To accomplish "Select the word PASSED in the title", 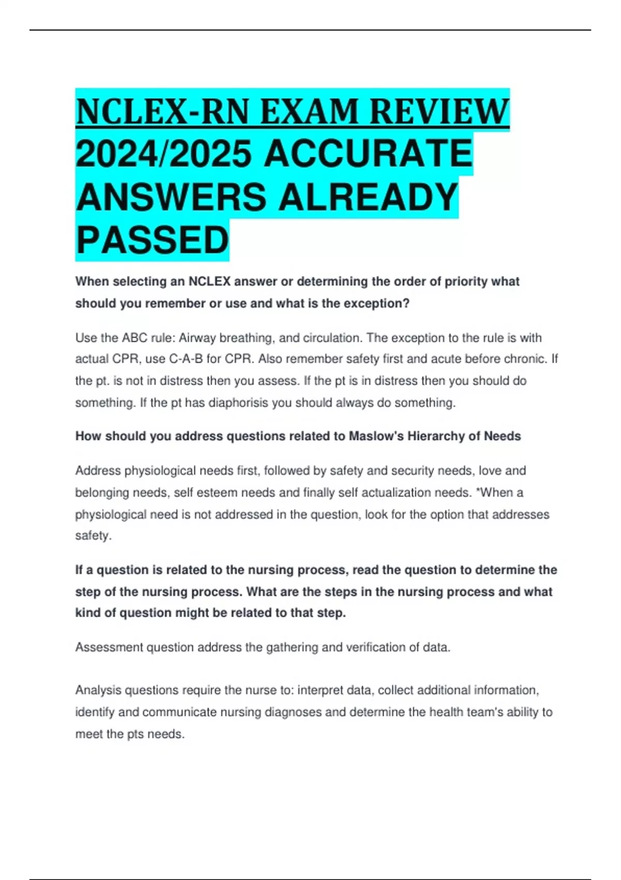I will pyautogui.click(x=152, y=240).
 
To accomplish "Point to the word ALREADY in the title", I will pyautogui.click(x=368, y=197).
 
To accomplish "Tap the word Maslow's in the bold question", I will pyautogui.click(x=376, y=436).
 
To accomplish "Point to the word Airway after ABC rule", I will pyautogui.click(x=197, y=338).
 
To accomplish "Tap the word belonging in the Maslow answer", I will pyautogui.click(x=102, y=492).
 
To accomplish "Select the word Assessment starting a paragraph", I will pyautogui.click(x=109, y=647).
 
